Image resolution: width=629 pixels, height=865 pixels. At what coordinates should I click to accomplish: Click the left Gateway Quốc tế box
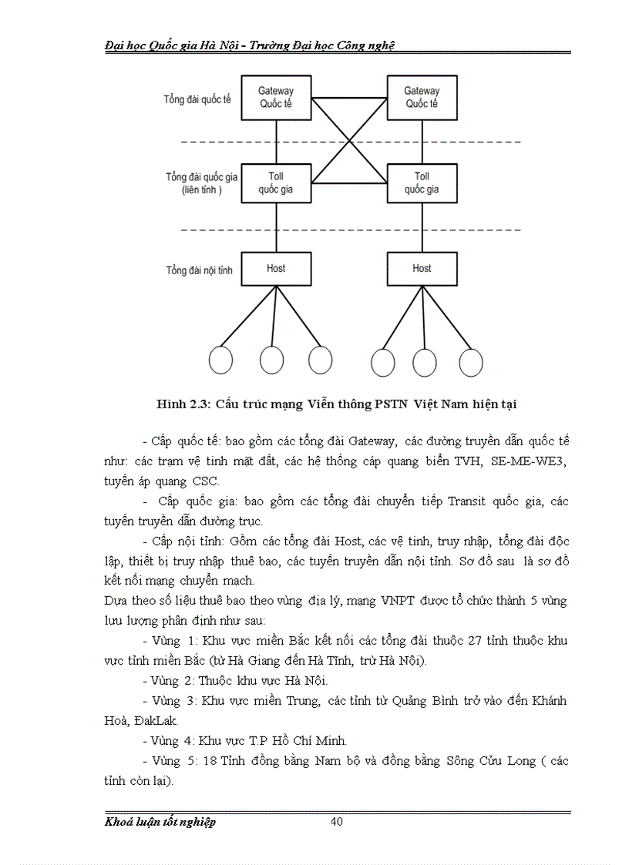(x=276, y=98)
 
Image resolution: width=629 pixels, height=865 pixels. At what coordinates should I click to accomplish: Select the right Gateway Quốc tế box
(x=422, y=98)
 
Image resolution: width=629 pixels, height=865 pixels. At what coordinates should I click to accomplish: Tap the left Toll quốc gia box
(x=276, y=183)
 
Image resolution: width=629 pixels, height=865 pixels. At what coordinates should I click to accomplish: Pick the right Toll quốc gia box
(x=422, y=183)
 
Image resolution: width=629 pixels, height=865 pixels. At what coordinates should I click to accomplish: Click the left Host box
(x=276, y=269)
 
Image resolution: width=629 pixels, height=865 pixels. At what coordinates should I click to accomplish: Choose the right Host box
(x=422, y=269)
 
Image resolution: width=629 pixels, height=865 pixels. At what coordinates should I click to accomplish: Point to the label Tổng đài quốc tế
(x=197, y=100)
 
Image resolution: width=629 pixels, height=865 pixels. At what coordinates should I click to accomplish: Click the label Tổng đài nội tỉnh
(x=199, y=270)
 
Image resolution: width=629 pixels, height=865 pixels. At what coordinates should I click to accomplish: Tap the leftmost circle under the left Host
(x=221, y=360)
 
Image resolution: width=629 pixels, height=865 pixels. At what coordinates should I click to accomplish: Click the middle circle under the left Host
(x=271, y=360)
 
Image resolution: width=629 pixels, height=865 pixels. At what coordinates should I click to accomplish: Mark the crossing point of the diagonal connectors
(x=349, y=141)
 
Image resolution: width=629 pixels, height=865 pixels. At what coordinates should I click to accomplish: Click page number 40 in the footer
(x=336, y=821)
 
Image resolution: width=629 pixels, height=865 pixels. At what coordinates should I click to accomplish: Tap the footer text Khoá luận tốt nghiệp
(x=160, y=822)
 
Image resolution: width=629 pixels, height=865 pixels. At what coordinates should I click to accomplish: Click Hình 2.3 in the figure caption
(x=183, y=403)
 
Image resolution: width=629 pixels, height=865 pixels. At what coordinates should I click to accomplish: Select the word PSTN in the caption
(x=390, y=403)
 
